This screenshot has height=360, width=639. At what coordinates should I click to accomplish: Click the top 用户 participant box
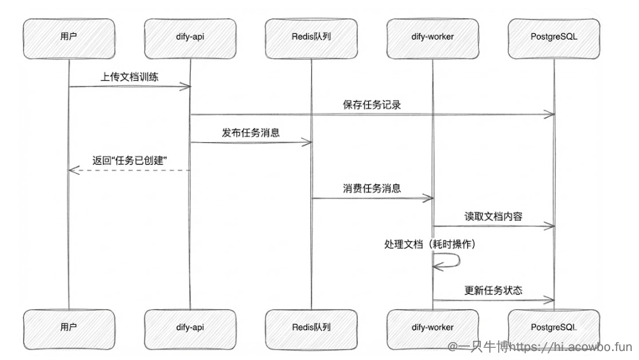(x=69, y=37)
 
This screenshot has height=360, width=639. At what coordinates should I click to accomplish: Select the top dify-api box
(x=190, y=37)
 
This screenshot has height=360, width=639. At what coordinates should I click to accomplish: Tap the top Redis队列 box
(x=311, y=37)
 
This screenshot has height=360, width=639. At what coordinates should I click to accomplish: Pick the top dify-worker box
(x=433, y=37)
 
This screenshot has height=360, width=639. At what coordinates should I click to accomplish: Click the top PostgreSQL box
(x=554, y=37)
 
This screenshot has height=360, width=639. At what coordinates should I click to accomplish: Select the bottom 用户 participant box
(x=69, y=327)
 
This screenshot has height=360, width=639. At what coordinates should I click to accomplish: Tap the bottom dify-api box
(x=190, y=327)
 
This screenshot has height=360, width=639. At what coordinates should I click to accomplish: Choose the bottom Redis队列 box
(x=311, y=327)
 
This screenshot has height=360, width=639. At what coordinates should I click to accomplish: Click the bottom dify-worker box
(x=433, y=327)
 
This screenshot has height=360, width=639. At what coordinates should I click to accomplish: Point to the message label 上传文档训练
(x=129, y=76)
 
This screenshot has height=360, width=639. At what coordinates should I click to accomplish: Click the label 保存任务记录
(x=372, y=105)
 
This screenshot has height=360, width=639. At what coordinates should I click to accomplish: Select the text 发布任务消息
(x=251, y=133)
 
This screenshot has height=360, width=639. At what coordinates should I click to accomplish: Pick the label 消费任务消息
(x=372, y=188)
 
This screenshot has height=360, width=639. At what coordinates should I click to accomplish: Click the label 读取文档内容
(x=493, y=217)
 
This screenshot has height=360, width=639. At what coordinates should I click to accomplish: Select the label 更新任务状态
(x=493, y=290)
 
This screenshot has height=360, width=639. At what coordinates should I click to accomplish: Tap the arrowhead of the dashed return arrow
(x=72, y=170)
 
